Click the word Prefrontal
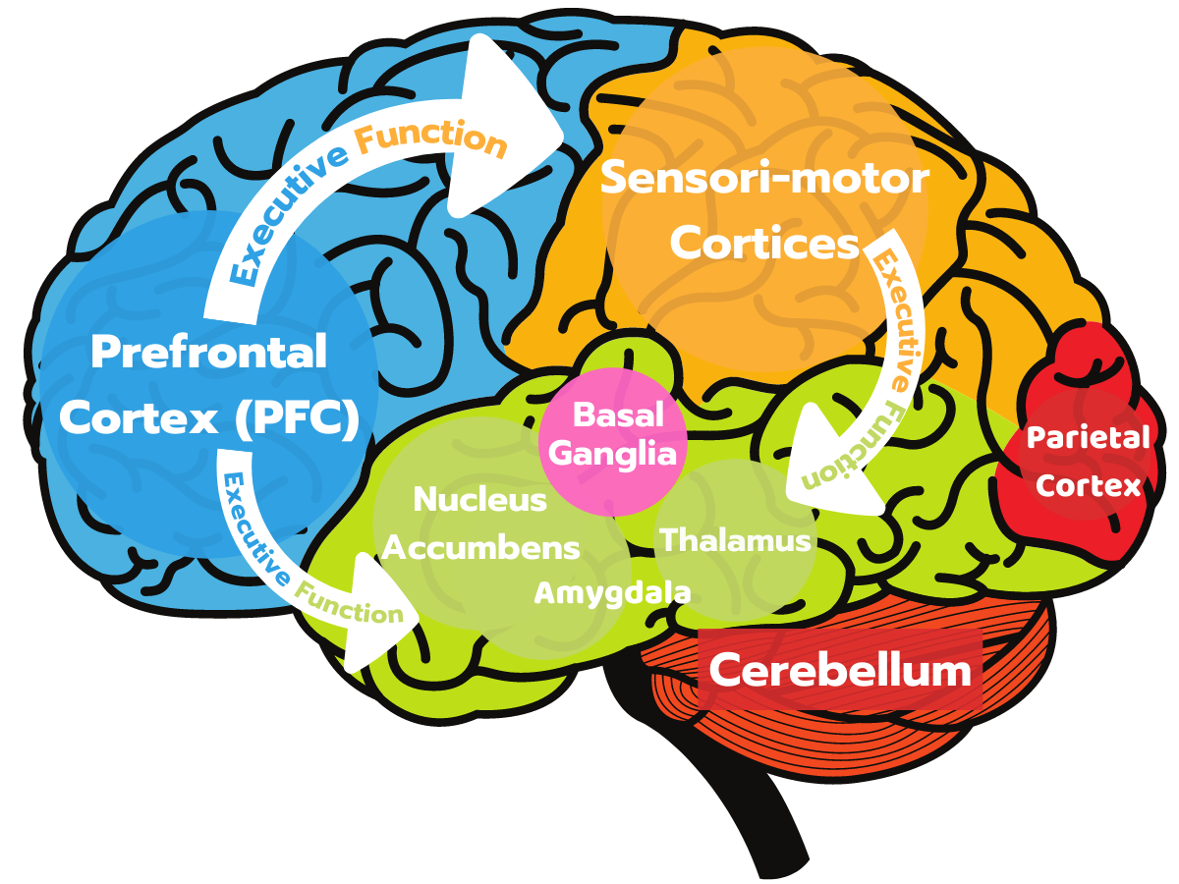pyautogui.click(x=208, y=353)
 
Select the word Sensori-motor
pyautogui.click(x=764, y=180)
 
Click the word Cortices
pyautogui.click(x=764, y=244)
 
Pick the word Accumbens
pyautogui.click(x=480, y=547)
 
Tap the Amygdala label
pyautogui.click(x=612, y=592)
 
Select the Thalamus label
pyautogui.click(x=736, y=540)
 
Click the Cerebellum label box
pyautogui.click(x=840, y=671)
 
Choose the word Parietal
pyautogui.click(x=1088, y=437)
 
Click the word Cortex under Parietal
pyautogui.click(x=1089, y=485)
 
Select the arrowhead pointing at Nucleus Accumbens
pyautogui.click(x=378, y=619)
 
